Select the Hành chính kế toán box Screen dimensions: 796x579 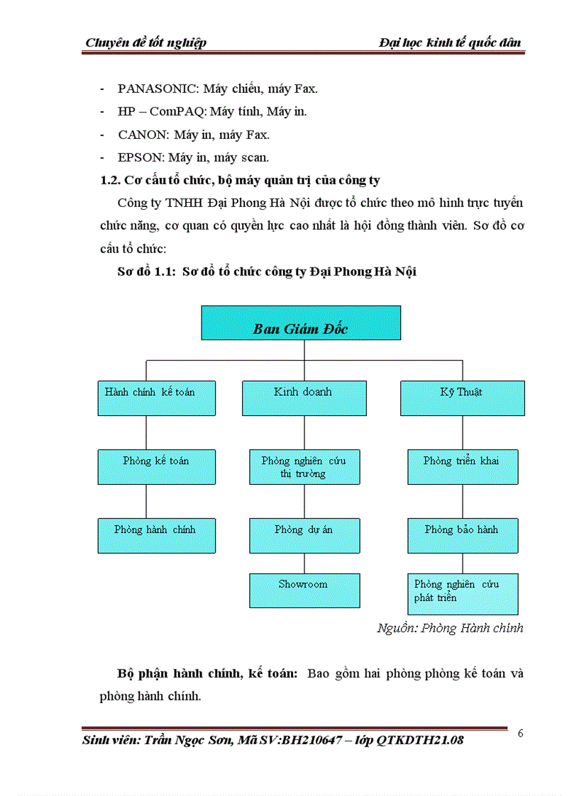(149, 398)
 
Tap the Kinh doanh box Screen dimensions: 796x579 (304, 398)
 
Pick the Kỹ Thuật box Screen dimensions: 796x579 (462, 398)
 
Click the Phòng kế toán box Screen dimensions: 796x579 (156, 466)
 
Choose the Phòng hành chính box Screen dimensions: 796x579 (156, 535)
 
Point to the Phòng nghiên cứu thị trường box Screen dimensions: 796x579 (304, 466)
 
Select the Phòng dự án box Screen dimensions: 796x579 (304, 535)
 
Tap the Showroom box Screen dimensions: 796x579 (304, 590)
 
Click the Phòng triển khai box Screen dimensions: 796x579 (462, 466)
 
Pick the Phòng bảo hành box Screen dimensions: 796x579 (462, 535)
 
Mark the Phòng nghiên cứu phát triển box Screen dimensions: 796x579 (462, 593)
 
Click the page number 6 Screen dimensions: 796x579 (520, 734)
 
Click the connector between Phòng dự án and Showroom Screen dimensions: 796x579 (304, 564)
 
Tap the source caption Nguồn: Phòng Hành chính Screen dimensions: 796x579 (450, 628)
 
